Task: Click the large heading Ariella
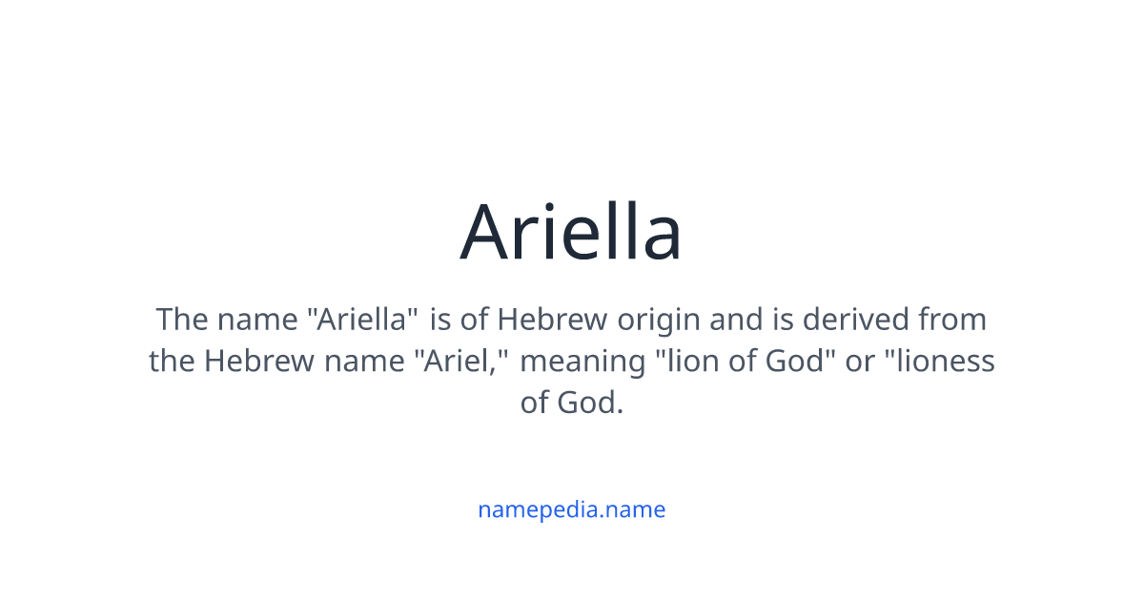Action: pos(571,232)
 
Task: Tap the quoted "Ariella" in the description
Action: pos(362,319)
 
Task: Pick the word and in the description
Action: pos(736,319)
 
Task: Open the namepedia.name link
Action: pos(571,509)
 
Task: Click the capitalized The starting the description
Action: pos(182,319)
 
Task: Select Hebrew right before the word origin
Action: pos(552,319)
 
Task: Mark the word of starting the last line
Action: pos(535,404)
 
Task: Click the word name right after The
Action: pos(257,319)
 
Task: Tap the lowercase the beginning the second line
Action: pos(172,362)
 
